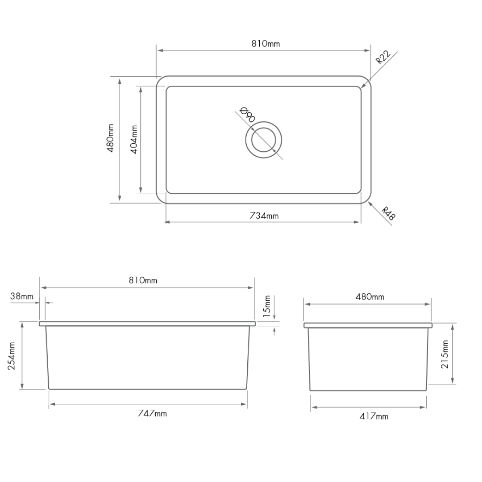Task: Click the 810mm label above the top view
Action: point(266,44)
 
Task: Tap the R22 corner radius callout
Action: point(383,58)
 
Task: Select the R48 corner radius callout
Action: point(389,214)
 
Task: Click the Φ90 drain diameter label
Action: point(247,115)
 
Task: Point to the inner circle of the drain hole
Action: point(263,140)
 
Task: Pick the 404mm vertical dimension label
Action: point(134,139)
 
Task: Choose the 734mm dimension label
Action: point(264,216)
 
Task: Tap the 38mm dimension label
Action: point(22,296)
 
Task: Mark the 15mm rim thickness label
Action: point(267,306)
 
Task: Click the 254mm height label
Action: point(12,356)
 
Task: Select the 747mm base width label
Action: point(152,413)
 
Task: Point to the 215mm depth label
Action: point(445,354)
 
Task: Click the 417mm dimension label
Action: point(374,416)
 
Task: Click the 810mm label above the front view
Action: point(143,280)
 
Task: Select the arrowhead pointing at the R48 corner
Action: point(370,204)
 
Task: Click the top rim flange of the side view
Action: point(368,325)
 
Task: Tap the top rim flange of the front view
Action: point(147,323)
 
